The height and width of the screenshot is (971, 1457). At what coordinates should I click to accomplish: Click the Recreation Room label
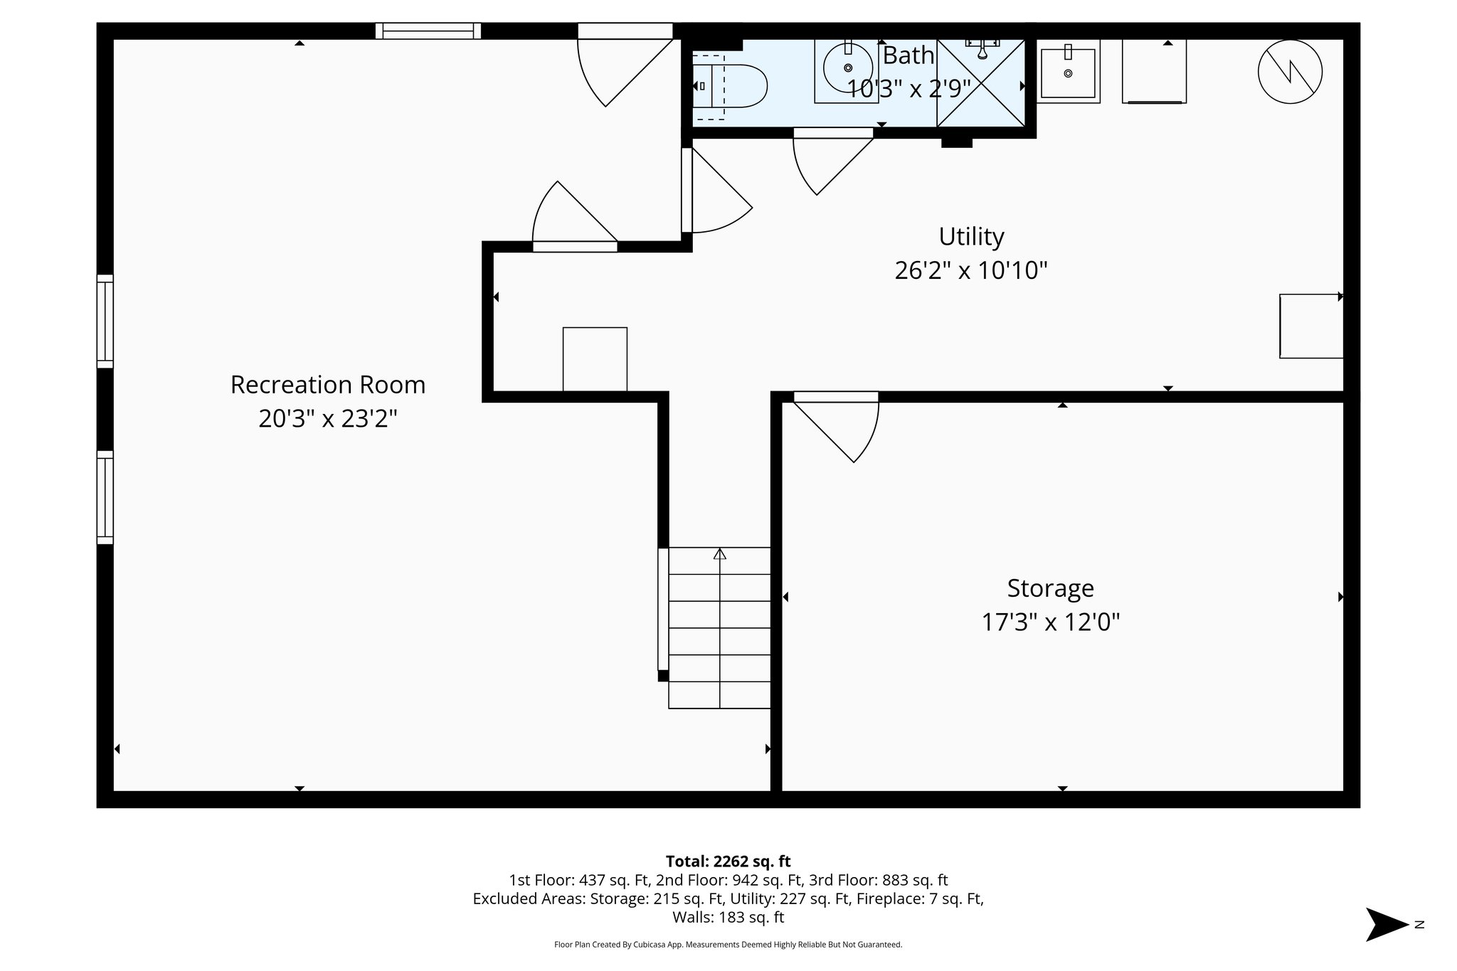(327, 385)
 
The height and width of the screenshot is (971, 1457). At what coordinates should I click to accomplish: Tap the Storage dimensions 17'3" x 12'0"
(1050, 622)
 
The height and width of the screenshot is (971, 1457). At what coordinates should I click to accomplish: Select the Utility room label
(970, 236)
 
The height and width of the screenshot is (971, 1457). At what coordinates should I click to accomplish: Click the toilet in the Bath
(733, 86)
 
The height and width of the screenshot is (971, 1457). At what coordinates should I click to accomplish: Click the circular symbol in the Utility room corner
(1289, 71)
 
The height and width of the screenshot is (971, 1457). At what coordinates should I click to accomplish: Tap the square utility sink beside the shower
(1067, 72)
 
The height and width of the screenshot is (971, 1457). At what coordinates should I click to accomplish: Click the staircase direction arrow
(720, 553)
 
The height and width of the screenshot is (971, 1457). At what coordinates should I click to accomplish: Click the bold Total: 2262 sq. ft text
(728, 861)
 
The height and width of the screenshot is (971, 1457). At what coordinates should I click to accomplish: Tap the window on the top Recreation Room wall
(428, 31)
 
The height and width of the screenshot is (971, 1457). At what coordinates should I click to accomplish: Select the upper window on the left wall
(105, 322)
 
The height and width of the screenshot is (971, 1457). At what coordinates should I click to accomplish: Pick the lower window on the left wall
(105, 497)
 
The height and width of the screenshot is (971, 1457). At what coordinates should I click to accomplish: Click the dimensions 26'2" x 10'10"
(970, 271)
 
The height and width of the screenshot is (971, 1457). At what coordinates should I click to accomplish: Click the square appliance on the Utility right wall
(1310, 326)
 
